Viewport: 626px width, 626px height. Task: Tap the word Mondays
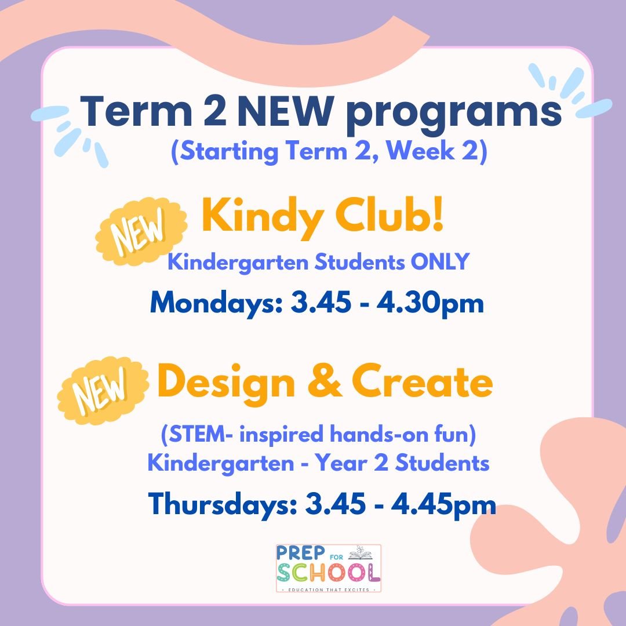pyautogui.click(x=216, y=304)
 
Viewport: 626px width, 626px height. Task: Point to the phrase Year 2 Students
pyautogui.click(x=428, y=463)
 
